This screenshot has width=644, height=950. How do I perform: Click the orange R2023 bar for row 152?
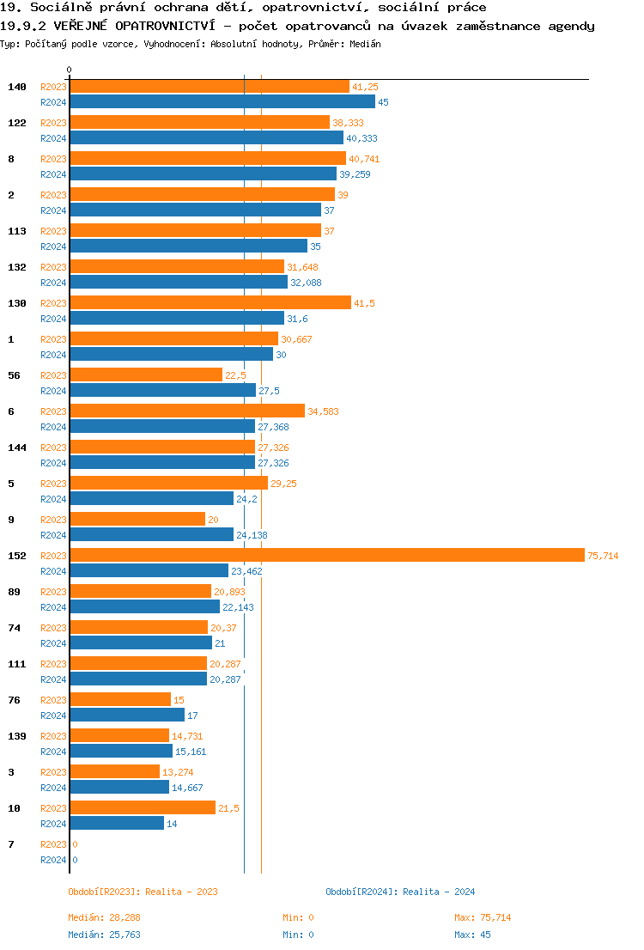[326, 556]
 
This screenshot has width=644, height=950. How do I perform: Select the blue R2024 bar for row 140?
[222, 102]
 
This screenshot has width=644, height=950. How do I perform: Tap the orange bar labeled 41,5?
[210, 303]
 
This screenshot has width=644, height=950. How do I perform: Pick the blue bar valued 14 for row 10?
[117, 824]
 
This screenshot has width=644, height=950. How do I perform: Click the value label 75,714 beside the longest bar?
[603, 556]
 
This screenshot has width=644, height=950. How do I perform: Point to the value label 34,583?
[323, 411]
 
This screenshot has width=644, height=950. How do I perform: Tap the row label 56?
[14, 375]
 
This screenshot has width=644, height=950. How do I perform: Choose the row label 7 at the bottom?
[11, 844]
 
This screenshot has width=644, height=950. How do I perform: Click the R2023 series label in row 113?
[53, 231]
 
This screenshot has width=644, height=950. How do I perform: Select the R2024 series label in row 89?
[53, 607]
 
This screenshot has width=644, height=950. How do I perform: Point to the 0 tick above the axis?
[70, 70]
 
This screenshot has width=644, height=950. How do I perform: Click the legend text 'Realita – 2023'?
[181, 892]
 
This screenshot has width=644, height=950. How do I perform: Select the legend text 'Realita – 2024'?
[439, 892]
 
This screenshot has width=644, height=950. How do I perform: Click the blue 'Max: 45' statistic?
[472, 935]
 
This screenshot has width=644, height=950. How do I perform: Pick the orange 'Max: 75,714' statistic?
[483, 917]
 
